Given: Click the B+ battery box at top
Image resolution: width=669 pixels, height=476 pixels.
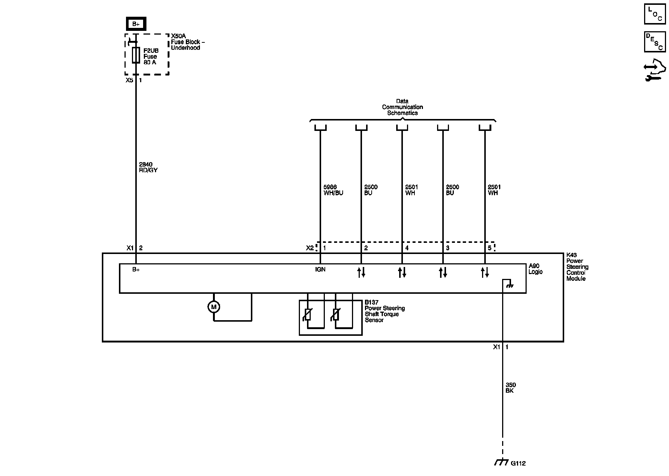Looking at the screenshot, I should [136, 24].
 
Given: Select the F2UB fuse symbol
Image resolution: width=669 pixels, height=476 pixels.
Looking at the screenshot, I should [136, 55].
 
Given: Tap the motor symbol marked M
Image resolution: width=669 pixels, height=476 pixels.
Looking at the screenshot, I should [214, 307].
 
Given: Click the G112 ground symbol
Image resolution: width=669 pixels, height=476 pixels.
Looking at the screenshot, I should [502, 463].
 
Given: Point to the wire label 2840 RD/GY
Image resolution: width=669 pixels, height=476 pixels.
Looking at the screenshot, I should [148, 167].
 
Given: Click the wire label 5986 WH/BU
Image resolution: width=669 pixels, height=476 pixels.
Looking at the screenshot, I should [333, 190].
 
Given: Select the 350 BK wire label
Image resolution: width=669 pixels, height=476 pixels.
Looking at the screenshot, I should [511, 388].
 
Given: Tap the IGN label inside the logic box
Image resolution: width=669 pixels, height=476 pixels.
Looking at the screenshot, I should [320, 270].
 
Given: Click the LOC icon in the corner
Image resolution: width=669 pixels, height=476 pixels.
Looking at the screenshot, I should [655, 14].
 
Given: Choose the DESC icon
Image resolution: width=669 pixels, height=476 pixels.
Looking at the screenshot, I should [655, 42].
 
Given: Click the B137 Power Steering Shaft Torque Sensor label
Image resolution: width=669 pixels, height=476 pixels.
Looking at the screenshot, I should [384, 311].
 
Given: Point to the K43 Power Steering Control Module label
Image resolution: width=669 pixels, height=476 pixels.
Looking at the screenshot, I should [577, 267].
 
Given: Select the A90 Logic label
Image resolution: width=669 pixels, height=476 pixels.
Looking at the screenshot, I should [536, 269].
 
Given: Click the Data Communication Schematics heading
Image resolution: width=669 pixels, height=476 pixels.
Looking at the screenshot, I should [402, 107].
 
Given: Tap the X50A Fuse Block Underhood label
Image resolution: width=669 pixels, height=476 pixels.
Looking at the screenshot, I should [188, 42].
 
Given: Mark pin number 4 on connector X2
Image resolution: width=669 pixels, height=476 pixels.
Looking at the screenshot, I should [407, 248].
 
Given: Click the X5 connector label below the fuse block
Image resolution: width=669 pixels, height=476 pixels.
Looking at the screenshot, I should [129, 80].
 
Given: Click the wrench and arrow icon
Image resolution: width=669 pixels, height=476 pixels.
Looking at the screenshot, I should [655, 70].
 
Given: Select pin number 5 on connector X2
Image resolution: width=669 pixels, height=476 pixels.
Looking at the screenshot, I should [489, 248].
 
